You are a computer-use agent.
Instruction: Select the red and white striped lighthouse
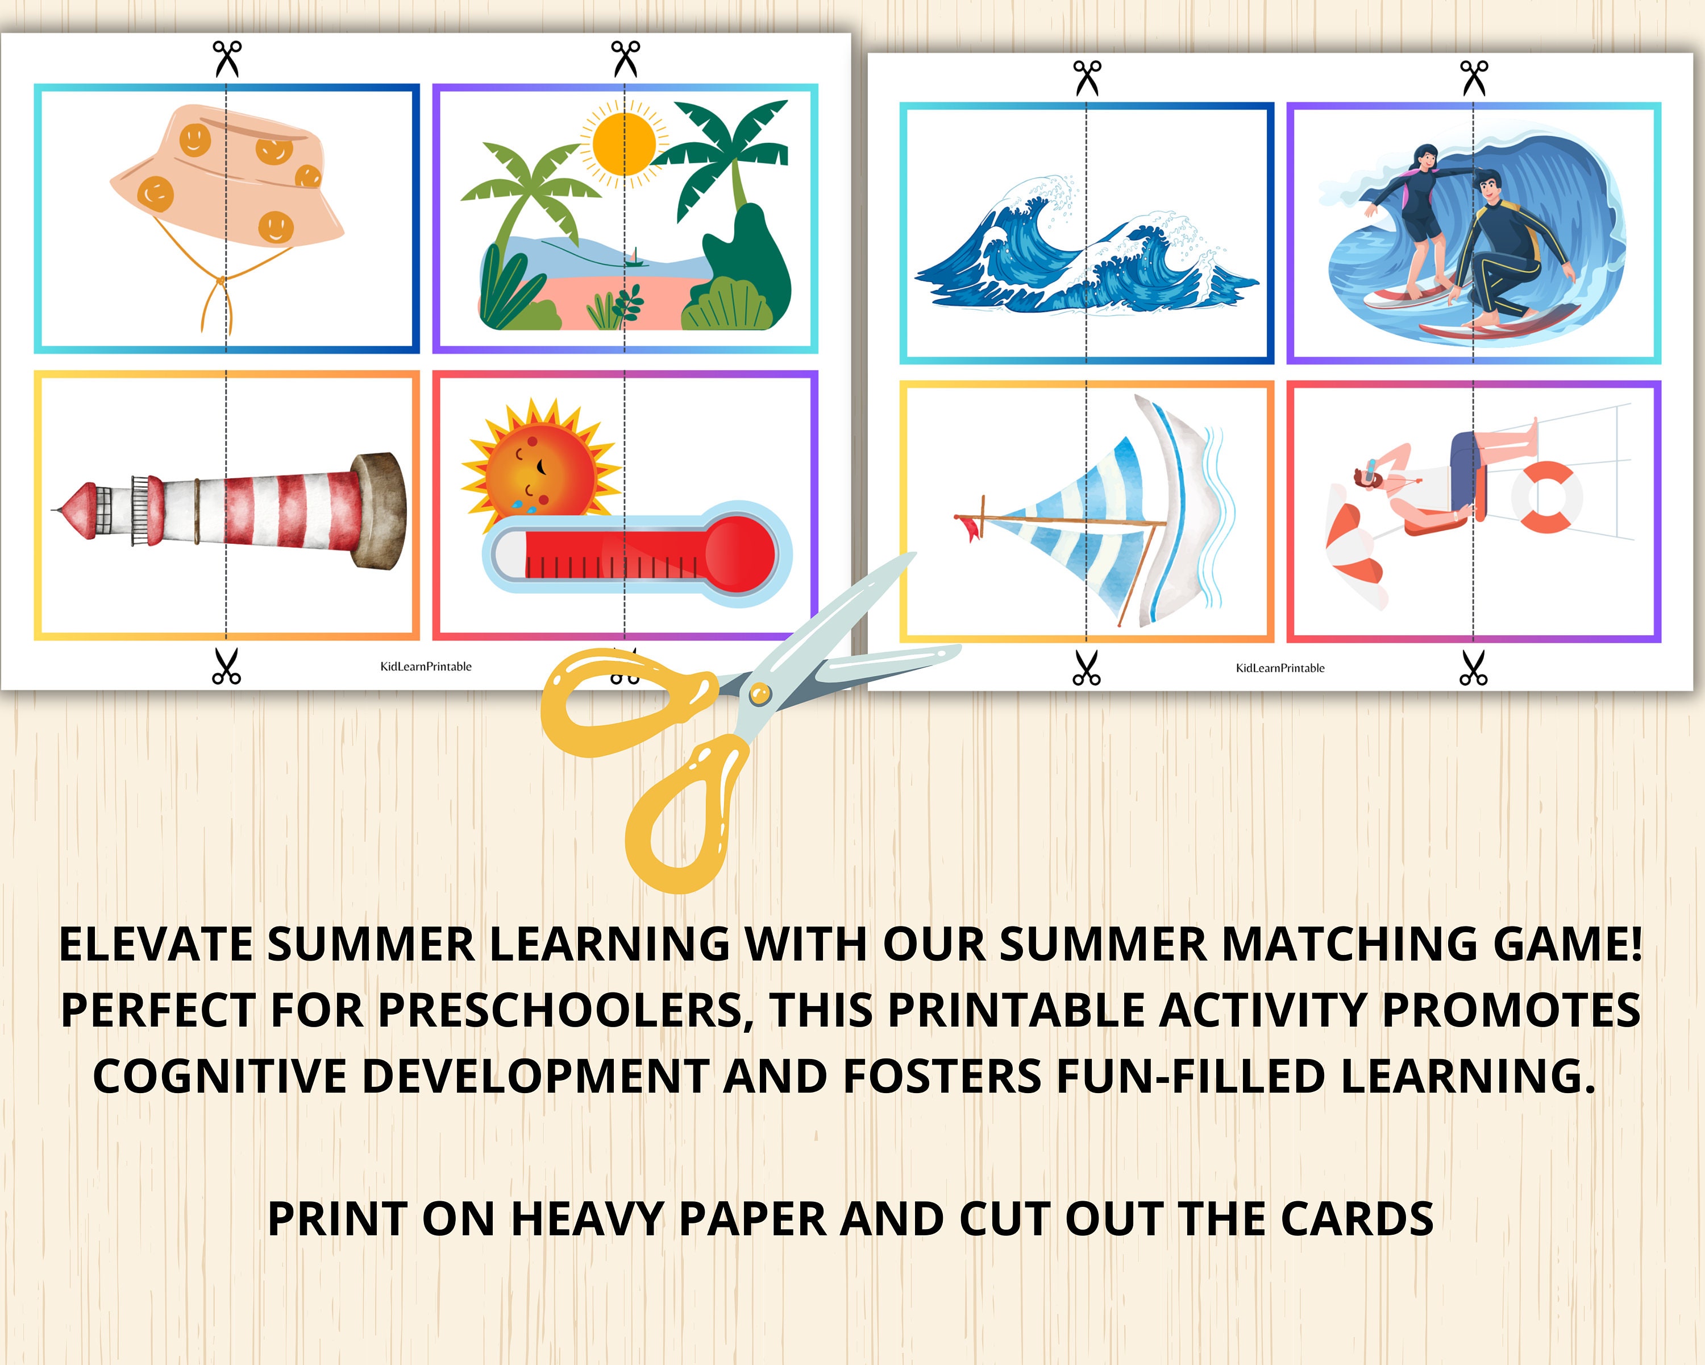237,510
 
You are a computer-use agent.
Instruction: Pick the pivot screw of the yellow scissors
759,694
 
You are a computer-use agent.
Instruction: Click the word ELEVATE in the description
155,946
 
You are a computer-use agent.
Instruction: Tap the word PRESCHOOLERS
562,1011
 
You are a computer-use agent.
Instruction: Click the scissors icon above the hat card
227,59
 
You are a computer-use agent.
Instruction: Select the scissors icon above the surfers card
1473,77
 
